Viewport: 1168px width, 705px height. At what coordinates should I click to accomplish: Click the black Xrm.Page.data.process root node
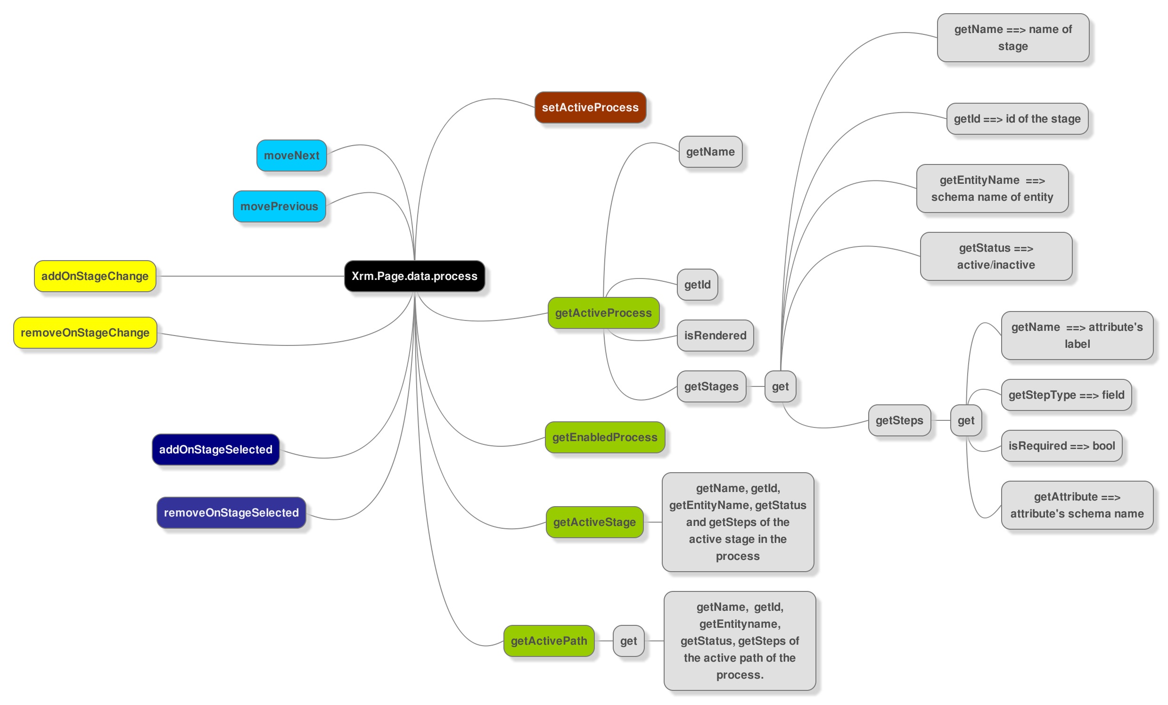414,276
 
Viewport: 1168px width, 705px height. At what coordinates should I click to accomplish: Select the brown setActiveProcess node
590,107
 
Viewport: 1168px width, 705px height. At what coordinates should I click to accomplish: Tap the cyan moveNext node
291,156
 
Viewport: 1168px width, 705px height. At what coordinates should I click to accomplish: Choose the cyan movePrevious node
279,206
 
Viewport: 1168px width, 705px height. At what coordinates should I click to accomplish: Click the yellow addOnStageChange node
95,276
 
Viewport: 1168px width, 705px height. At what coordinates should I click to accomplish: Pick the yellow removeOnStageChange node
85,333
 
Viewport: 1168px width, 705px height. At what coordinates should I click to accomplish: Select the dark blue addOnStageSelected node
216,450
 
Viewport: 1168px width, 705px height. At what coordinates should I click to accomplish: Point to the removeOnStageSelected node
231,513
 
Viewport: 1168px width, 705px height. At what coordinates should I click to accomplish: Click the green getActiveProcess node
603,313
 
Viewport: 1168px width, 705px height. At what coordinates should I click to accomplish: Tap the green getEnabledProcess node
605,437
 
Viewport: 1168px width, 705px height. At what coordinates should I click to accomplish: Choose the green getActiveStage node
594,522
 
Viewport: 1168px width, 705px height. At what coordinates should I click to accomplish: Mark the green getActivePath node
549,641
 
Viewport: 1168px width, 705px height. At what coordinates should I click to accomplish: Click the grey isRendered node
716,336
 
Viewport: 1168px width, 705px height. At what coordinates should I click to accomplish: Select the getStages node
712,386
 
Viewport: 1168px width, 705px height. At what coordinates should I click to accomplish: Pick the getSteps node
899,420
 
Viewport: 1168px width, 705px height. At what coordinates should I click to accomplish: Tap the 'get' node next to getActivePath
629,641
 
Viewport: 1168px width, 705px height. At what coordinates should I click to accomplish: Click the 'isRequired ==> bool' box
1062,446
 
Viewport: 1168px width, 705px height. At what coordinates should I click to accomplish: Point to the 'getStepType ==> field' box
1067,395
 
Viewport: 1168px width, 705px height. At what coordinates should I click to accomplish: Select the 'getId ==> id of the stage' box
1017,119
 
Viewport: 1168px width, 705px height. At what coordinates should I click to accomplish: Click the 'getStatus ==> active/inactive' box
996,256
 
